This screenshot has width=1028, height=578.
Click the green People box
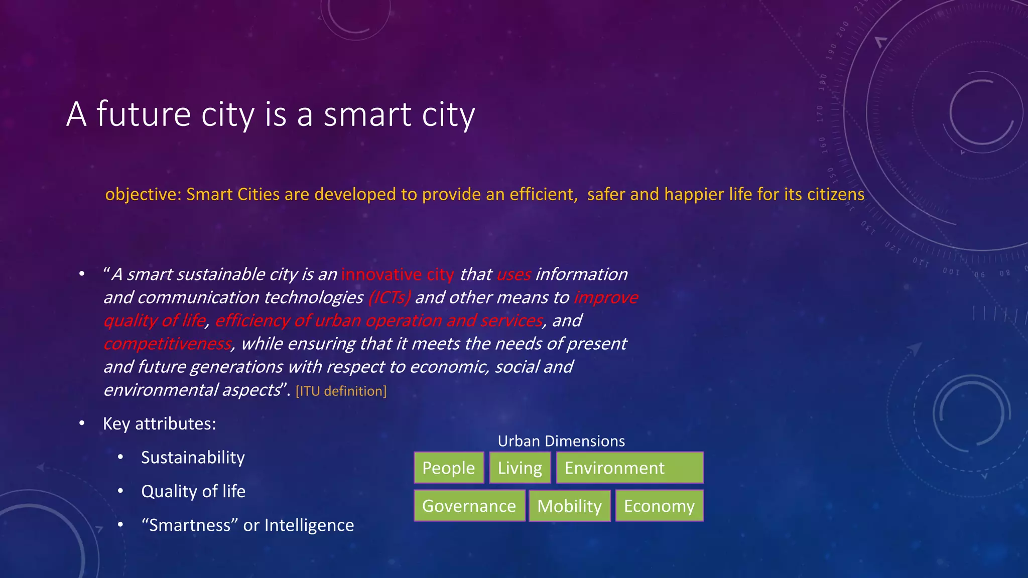point(449,468)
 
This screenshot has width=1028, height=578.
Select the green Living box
point(520,468)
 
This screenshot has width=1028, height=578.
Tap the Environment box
point(629,468)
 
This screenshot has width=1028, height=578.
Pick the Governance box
point(469,506)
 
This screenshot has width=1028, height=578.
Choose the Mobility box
point(569,506)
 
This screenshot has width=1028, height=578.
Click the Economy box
point(659,506)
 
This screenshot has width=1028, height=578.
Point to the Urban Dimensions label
point(561,441)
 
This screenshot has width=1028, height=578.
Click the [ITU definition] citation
point(341,391)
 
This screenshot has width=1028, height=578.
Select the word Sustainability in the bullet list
point(193,457)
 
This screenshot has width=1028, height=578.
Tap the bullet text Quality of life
point(193,491)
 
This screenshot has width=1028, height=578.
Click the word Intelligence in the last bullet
point(309,525)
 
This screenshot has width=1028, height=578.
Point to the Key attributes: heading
point(160,423)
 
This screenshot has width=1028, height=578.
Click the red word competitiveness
point(168,344)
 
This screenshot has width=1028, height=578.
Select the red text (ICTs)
point(390,298)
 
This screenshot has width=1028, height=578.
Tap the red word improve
point(606,298)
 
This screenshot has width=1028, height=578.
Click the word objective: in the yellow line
point(143,194)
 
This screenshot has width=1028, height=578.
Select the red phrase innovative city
point(397,274)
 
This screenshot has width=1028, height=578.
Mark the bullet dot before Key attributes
point(82,424)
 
